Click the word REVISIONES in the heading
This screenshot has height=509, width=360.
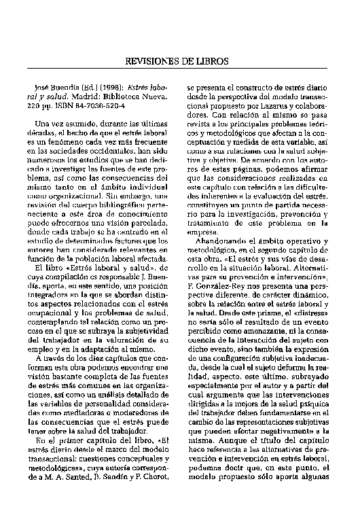pyautogui.click(x=152, y=62)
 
